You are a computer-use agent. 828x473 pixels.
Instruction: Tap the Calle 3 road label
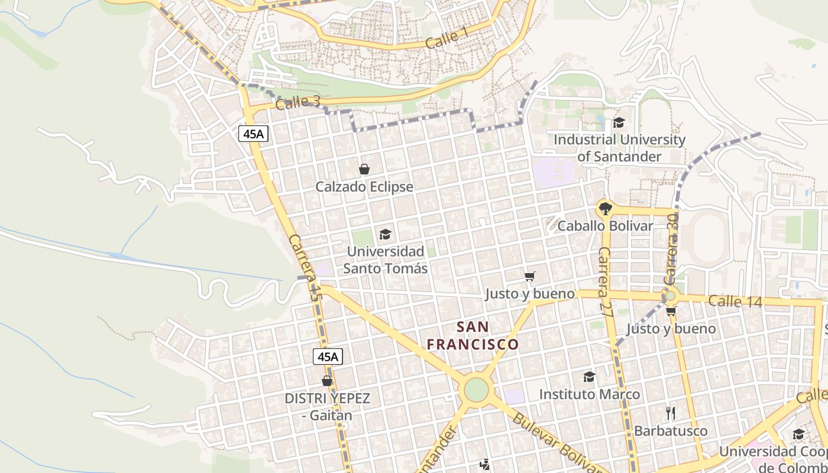click(x=297, y=102)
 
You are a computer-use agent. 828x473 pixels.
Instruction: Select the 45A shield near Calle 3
click(x=254, y=134)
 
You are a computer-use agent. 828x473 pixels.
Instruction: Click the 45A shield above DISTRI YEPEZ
click(x=328, y=356)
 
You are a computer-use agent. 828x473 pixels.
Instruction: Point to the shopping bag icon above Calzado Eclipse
click(x=364, y=170)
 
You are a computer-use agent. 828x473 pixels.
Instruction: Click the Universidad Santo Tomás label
click(x=386, y=260)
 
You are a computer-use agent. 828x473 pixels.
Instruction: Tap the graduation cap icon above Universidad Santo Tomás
click(x=385, y=235)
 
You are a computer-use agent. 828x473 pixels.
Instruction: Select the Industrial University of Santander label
click(x=619, y=148)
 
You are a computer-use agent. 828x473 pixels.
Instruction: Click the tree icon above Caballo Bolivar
click(x=605, y=208)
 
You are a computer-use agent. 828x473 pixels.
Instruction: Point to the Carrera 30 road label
click(x=671, y=249)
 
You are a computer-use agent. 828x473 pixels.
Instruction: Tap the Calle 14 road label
click(x=735, y=301)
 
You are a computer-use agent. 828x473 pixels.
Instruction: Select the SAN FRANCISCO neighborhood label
click(x=473, y=335)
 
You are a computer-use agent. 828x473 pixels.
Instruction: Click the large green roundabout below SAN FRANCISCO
click(x=476, y=389)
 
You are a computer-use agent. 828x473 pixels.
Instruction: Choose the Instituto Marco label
click(x=589, y=394)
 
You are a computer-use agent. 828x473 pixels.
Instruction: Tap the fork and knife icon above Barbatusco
click(x=670, y=413)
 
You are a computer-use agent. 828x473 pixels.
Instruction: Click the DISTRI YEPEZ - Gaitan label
click(x=327, y=406)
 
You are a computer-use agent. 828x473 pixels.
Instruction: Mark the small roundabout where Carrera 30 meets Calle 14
click(x=669, y=296)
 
